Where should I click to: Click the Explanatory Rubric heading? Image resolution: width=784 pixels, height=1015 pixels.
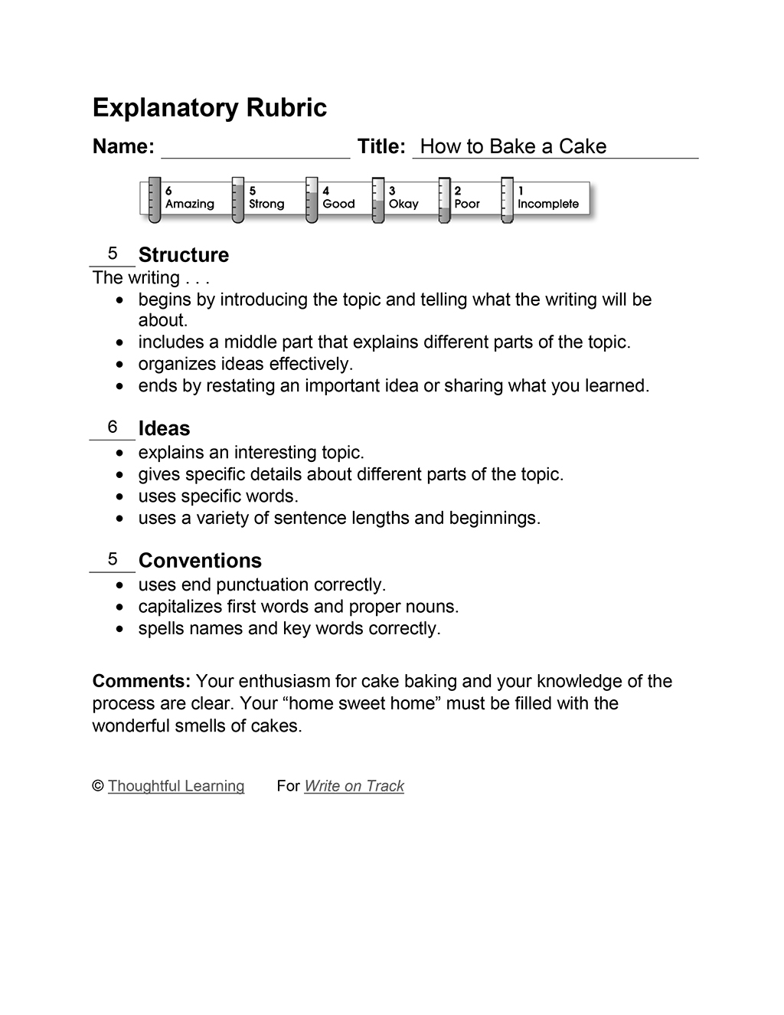(209, 108)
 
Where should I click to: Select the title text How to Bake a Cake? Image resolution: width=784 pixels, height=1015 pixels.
(513, 146)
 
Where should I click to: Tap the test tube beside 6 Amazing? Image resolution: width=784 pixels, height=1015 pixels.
(154, 200)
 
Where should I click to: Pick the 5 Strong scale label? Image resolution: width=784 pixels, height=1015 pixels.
(266, 198)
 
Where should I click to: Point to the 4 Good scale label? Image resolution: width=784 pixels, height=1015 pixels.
(338, 198)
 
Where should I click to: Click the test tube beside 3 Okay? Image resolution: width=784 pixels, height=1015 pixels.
(377, 200)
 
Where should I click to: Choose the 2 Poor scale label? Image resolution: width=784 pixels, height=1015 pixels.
(466, 198)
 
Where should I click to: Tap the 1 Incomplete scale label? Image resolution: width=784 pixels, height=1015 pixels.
(547, 198)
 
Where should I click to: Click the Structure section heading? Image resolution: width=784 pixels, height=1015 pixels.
(184, 255)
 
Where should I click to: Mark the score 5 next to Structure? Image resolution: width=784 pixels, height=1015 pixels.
(113, 254)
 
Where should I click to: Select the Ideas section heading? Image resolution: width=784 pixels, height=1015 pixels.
(164, 429)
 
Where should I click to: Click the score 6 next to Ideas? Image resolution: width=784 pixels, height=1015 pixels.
(113, 427)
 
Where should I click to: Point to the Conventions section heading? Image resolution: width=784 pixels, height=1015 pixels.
(200, 561)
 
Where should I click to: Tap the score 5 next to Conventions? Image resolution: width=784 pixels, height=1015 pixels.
(113, 559)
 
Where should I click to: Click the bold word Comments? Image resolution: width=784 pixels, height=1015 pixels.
(141, 681)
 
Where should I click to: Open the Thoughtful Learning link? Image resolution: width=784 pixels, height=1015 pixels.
(176, 786)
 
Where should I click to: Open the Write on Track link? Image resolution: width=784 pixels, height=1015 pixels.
(354, 786)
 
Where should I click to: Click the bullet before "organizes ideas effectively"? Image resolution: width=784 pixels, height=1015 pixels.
(119, 365)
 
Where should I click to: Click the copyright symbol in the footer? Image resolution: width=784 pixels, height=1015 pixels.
(98, 786)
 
